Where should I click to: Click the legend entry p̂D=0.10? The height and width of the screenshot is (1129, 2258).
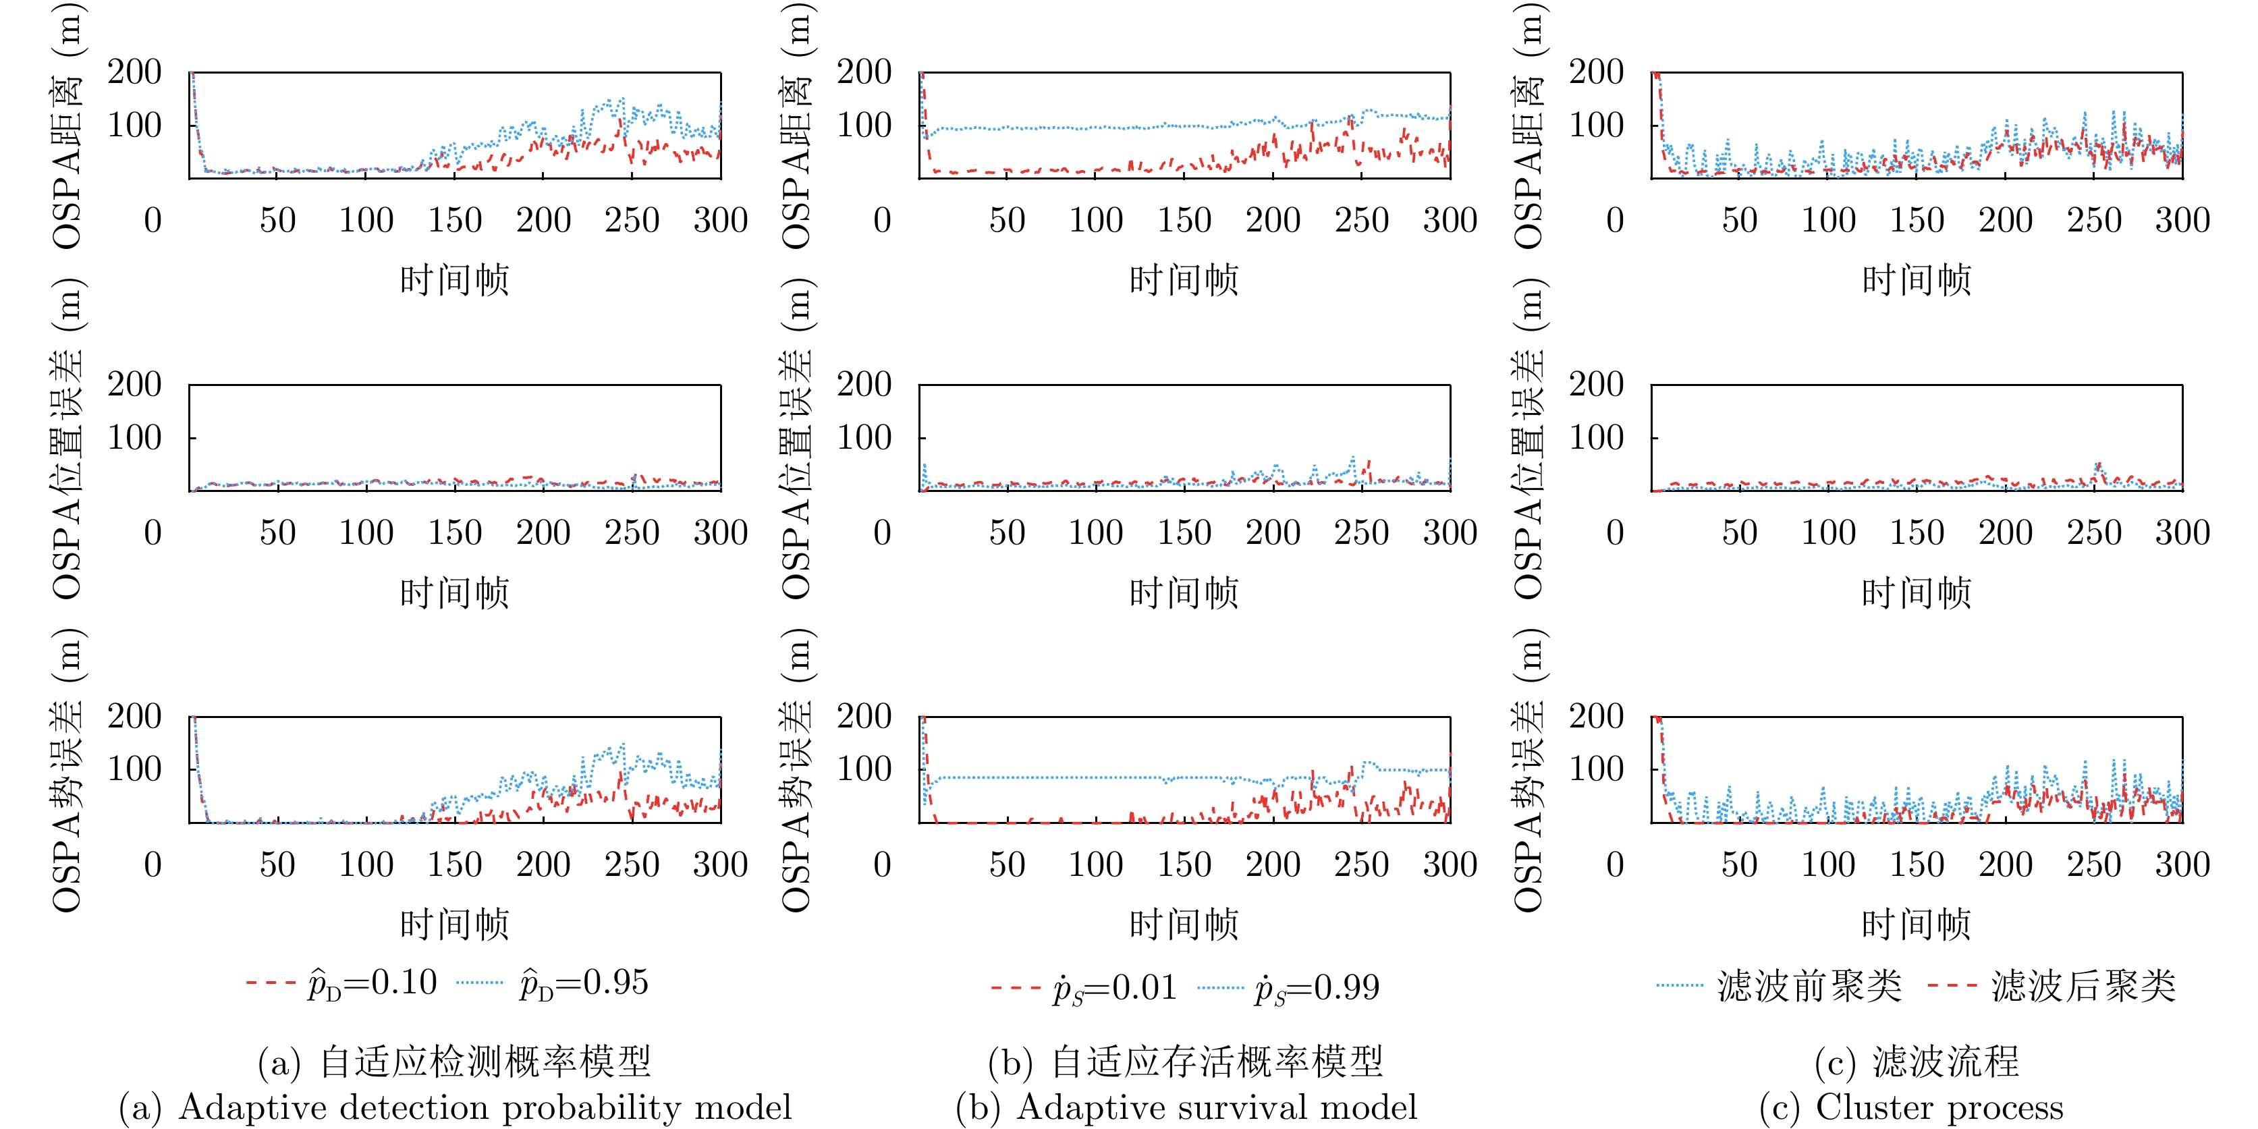342,983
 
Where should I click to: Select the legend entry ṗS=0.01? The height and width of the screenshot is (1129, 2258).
1084,988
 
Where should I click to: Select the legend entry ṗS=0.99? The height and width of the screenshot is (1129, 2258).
1288,988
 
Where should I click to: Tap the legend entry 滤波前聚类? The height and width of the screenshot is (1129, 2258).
1780,986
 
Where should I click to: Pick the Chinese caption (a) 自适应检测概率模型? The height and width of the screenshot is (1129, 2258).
454,1062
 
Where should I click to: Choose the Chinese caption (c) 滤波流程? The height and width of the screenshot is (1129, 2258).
1916,1062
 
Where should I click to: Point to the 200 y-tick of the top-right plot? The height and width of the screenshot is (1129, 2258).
1596,72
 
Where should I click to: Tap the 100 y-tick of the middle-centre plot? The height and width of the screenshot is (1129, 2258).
863,437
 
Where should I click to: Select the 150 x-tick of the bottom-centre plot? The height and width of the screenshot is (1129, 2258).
1184,865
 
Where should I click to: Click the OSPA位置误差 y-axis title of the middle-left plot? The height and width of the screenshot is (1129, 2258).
67,438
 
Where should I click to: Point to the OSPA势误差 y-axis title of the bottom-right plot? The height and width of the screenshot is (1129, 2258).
1530,771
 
